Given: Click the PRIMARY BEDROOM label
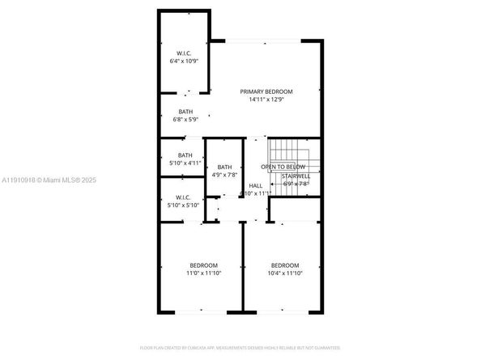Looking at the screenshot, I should tap(266, 92).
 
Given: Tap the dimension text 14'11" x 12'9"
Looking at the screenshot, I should tap(266, 100).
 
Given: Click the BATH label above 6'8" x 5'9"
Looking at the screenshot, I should tap(185, 112).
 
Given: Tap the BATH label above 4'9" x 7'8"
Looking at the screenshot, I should tap(224, 167).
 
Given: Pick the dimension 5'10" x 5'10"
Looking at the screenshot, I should tap(184, 205).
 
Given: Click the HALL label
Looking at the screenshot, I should tap(256, 185).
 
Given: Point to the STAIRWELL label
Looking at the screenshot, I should tap(296, 176).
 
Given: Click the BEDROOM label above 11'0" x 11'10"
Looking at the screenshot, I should tap(203, 265).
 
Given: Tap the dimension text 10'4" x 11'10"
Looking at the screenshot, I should tap(284, 273).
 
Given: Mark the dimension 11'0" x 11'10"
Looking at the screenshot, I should tap(203, 273).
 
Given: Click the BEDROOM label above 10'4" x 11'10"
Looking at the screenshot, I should tap(284, 265).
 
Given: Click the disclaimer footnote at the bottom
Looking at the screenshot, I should tap(240, 348).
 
